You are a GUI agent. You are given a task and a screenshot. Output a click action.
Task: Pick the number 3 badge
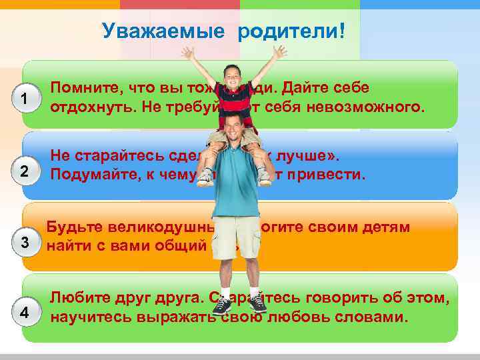(24, 242)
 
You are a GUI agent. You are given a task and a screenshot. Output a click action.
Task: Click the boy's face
(233, 73)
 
